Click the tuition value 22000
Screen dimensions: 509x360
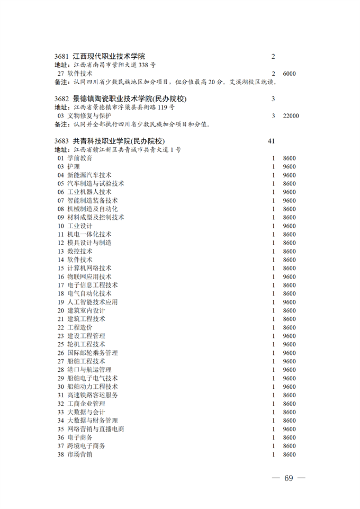[x=291, y=116]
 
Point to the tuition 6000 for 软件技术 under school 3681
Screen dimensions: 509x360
[x=290, y=74]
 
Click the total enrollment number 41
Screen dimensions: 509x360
[x=272, y=141]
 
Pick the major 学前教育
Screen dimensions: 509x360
[x=80, y=158]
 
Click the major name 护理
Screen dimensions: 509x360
[x=74, y=167]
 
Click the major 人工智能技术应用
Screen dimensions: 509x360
[x=93, y=302]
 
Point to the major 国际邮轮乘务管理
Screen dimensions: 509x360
[x=93, y=353]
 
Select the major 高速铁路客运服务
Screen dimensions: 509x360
[x=93, y=395]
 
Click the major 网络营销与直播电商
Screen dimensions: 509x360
[x=96, y=429]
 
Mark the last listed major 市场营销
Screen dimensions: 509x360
[x=80, y=454]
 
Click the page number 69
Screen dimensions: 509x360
[x=288, y=478]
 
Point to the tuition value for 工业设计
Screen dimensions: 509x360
[x=290, y=226]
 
